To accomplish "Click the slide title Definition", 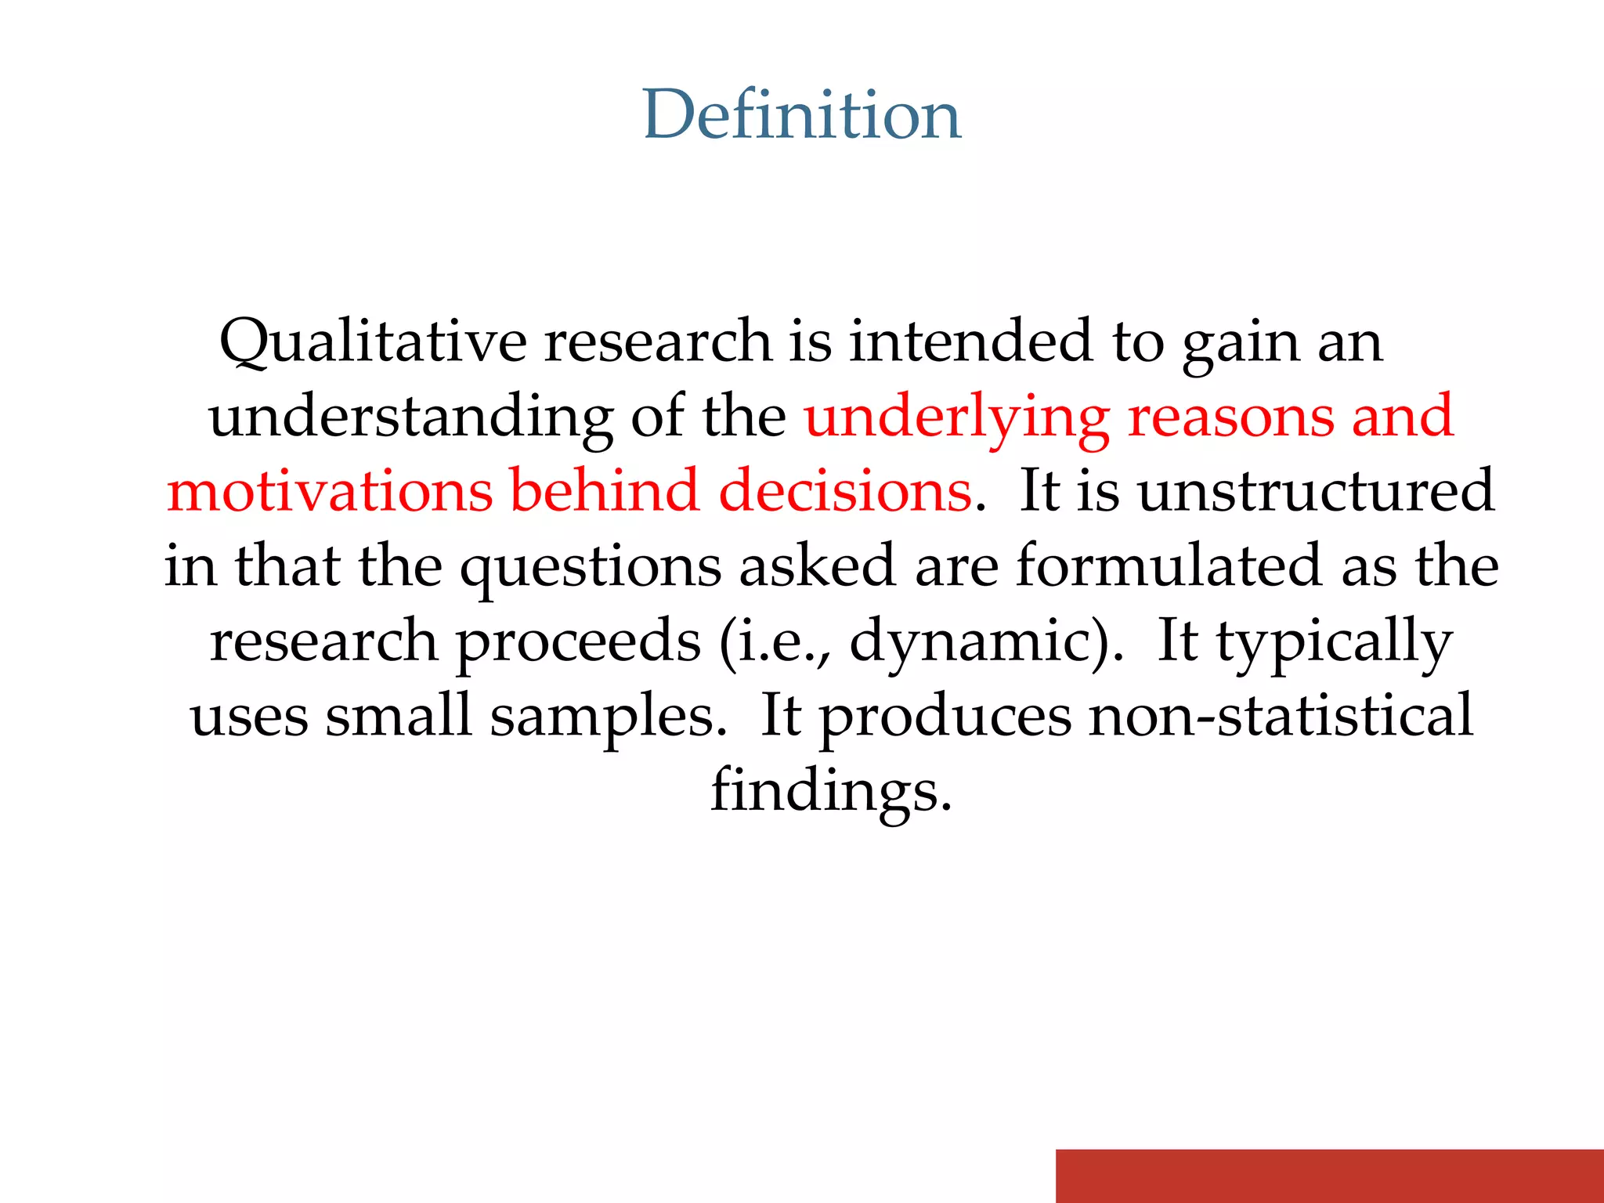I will pos(801,115).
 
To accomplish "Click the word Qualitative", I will pos(373,341).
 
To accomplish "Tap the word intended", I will pos(971,341).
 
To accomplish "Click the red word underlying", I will pos(956,417).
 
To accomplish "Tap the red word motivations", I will pos(329,491).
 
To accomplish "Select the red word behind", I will pos(604,491).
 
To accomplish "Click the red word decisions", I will pos(845,491).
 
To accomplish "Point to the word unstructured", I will pos(1317,491).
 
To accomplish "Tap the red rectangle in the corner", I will pos(1329,1176).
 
